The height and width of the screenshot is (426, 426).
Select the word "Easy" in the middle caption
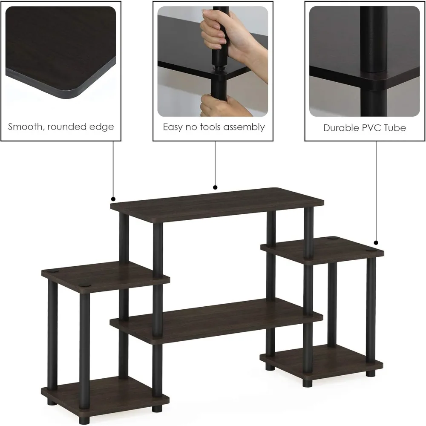173,127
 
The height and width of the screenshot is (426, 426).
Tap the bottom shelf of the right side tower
322,360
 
